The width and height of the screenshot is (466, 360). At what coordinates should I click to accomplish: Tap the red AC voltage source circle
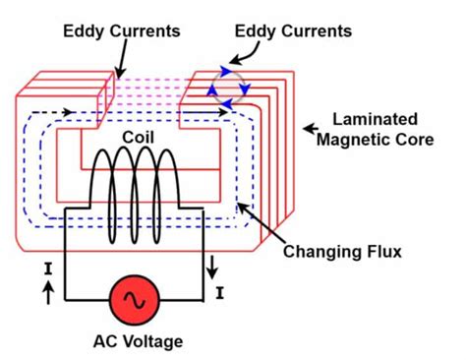click(x=136, y=300)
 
